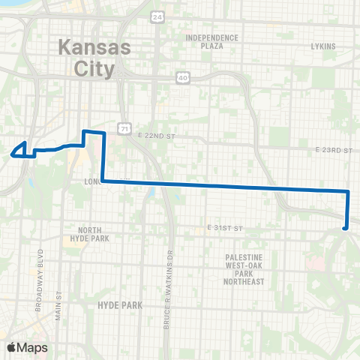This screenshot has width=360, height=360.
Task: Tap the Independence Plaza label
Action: pos(211,41)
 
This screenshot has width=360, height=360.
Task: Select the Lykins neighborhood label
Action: pos(322,45)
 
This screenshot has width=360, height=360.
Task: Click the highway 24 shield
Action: pos(156,16)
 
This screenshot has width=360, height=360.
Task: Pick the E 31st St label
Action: pos(226,227)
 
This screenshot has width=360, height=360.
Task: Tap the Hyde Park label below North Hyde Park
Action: pos(114,305)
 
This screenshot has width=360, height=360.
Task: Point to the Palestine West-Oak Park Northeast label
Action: pos(244,269)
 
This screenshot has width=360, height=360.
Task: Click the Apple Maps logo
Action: pos(28,347)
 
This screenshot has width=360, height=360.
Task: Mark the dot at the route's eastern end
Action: pos(345,228)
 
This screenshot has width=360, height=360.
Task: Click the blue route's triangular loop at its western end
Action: pos(22,150)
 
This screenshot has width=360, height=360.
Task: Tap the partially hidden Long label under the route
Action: pos(94,181)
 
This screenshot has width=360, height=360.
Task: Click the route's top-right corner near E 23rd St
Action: pos(348,192)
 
